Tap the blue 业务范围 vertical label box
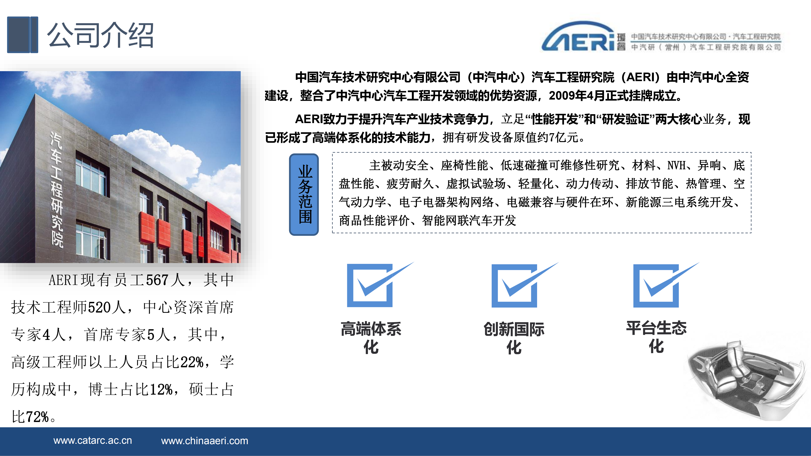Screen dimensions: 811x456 click(x=304, y=194)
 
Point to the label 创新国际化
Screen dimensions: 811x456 click(x=514, y=338)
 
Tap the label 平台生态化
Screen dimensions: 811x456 click(x=656, y=337)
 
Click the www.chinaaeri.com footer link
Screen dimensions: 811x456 click(x=205, y=441)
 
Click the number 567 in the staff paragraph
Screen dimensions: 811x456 click(x=157, y=280)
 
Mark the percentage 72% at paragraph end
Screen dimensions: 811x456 click(x=37, y=417)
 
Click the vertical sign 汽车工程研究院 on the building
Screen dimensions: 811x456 click(x=57, y=189)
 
